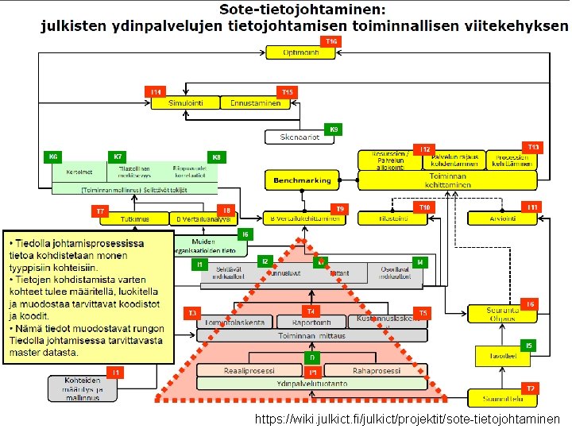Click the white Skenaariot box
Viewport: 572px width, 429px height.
pyautogui.click(x=300, y=137)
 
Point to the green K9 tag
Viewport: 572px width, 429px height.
pyautogui.click(x=334, y=129)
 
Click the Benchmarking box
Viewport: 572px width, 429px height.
pyautogui.click(x=302, y=180)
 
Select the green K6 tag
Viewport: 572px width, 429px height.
pyautogui.click(x=54, y=157)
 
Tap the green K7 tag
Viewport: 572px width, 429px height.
pyautogui.click(x=118, y=157)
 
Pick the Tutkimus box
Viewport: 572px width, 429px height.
pyautogui.click(x=136, y=218)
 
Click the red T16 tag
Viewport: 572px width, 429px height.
pyautogui.click(x=331, y=41)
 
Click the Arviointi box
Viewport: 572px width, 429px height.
pyautogui.click(x=503, y=218)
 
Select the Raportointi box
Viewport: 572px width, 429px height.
pyautogui.click(x=311, y=322)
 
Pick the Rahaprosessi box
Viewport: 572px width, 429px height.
pyautogui.click(x=361, y=370)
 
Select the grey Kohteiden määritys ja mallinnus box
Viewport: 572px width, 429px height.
pyautogui.click(x=83, y=388)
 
